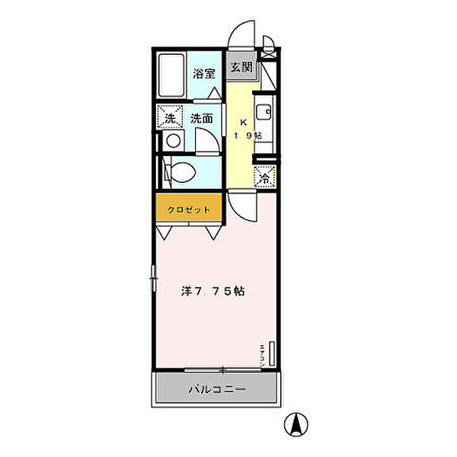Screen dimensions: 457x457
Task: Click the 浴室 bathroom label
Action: pos(203,74)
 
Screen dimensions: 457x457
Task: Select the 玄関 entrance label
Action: pos(241,67)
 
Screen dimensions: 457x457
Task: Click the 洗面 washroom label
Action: pos(202,118)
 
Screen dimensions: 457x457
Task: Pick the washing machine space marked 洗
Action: pos(171,117)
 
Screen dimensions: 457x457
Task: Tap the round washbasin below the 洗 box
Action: pos(172,141)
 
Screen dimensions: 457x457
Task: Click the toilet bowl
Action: pos(181,172)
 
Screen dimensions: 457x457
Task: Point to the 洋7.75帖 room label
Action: pos(213,291)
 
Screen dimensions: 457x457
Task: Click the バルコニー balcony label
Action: pos(217,390)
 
